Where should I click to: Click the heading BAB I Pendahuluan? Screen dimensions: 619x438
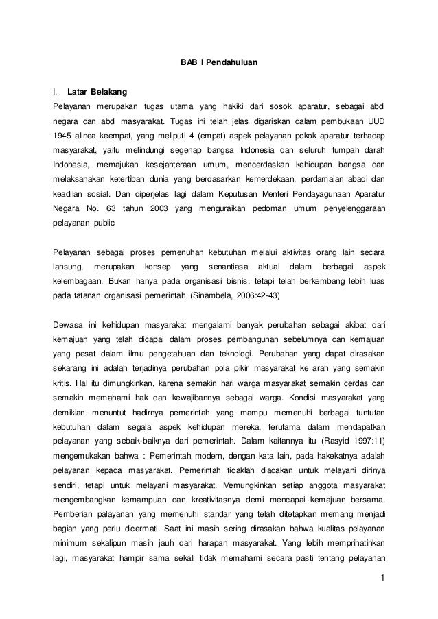(219, 63)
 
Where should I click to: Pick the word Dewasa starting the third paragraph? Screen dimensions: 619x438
(69, 324)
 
